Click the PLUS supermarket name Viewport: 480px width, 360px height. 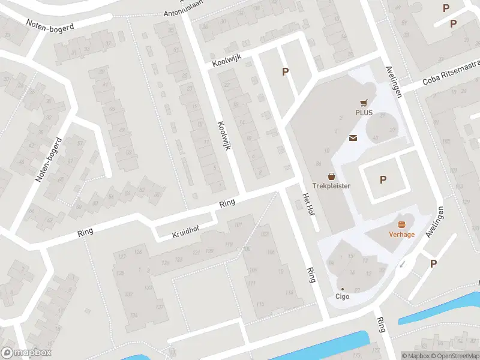364,113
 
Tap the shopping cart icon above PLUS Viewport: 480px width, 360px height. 364,103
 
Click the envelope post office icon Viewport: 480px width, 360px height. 353,139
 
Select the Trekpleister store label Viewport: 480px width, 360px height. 331,185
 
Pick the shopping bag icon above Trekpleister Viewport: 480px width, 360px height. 331,176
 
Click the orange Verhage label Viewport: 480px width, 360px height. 402,234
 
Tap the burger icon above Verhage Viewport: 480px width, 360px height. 402,224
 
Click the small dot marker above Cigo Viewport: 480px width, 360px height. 343,288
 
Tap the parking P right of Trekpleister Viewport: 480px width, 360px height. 383,179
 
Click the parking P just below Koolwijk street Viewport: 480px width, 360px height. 286,71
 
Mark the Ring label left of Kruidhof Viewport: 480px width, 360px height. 86,232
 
